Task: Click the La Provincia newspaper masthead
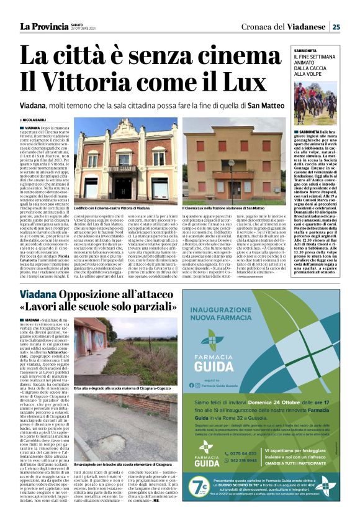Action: click(43, 26)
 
